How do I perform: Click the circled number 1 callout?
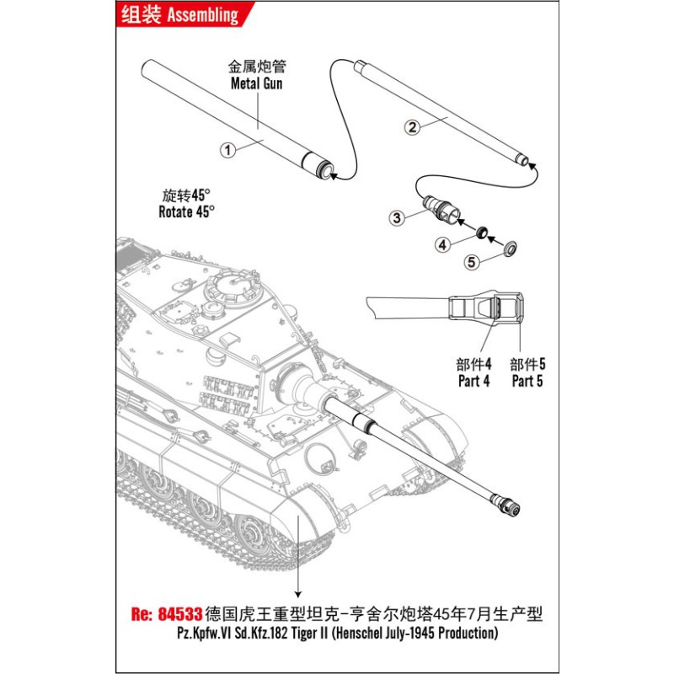(x=226, y=149)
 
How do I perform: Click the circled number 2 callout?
(x=412, y=127)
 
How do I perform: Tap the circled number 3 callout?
(x=395, y=217)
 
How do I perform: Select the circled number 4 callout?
(x=442, y=246)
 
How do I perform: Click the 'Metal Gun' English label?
(x=257, y=83)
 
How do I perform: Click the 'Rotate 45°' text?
(x=186, y=211)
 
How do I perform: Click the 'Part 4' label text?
(x=474, y=381)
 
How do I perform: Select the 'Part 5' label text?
(x=528, y=381)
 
